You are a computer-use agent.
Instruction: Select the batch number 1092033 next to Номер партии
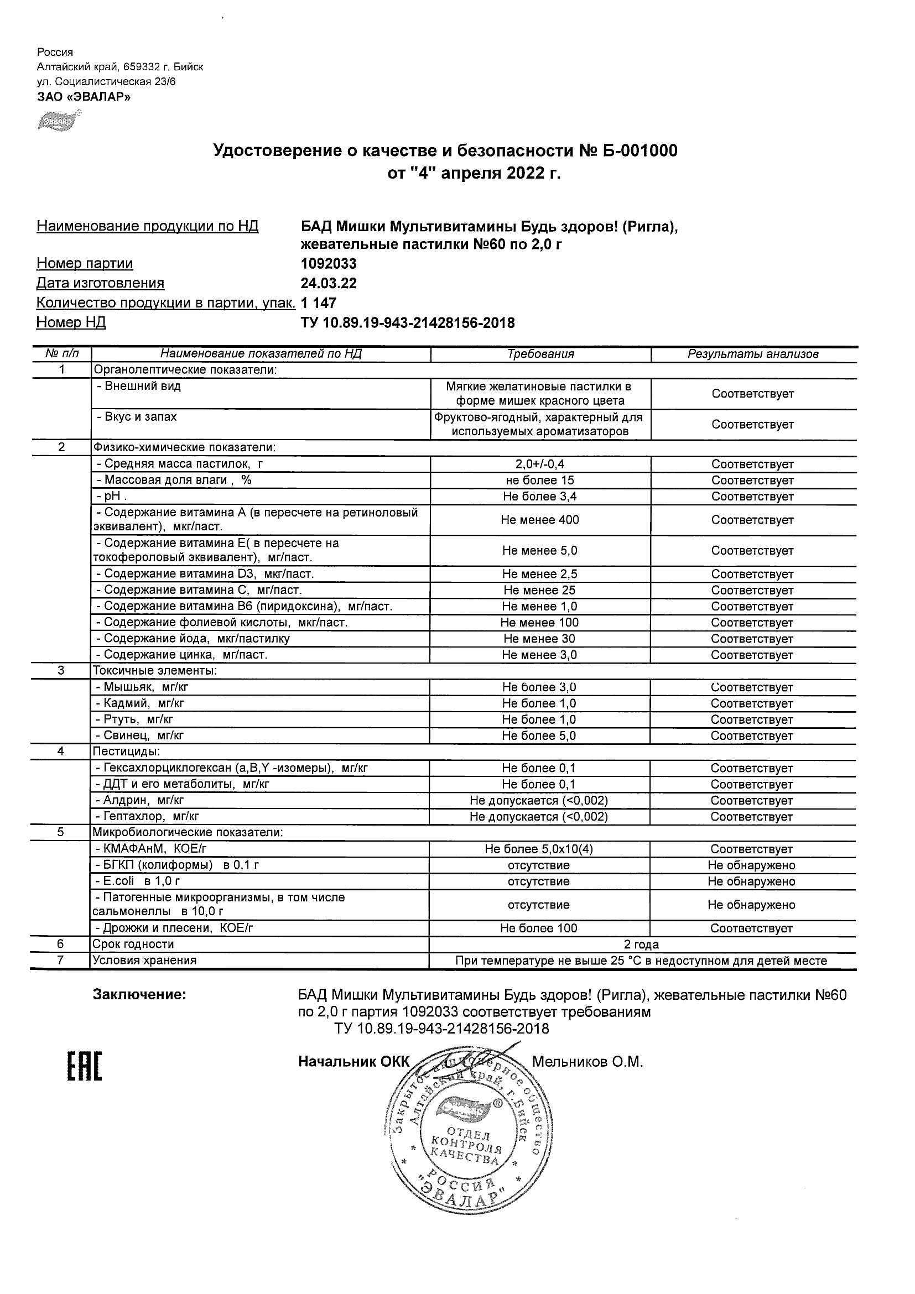329,264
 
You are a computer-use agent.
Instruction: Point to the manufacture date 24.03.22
329,283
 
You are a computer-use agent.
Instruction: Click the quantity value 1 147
319,303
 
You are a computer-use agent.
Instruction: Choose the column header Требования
540,354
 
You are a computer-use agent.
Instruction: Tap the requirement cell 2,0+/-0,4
539,465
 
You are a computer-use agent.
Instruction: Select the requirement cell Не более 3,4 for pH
539,497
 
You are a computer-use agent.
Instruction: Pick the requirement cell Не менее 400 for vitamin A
539,520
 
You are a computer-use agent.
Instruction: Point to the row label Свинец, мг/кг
141,735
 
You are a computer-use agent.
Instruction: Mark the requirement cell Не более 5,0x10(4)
538,849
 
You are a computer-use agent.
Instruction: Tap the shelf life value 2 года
642,945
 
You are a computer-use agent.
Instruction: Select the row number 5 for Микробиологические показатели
60,832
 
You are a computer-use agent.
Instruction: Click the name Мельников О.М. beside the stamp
588,1062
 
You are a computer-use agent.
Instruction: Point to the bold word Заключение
139,995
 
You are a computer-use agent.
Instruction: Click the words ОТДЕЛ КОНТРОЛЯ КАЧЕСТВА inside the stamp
467,1147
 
